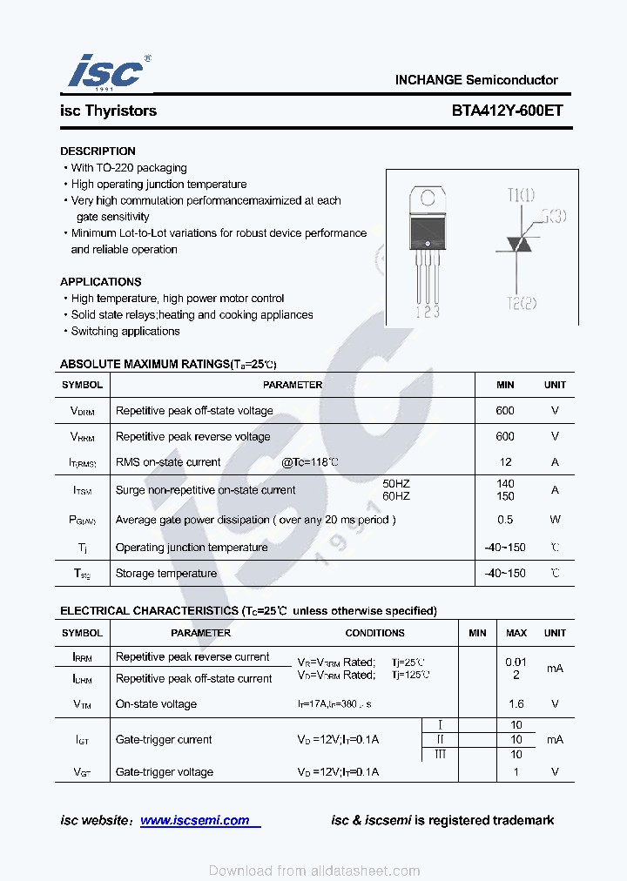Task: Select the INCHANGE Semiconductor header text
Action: [476, 79]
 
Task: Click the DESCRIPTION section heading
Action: [98, 151]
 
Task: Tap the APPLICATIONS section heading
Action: [100, 281]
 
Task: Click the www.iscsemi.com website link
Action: [195, 820]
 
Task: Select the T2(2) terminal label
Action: [521, 302]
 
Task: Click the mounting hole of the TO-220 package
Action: [427, 196]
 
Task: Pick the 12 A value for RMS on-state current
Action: [505, 462]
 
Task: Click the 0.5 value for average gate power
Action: [505, 520]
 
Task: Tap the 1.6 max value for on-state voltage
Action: [516, 703]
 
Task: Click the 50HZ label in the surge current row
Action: [396, 483]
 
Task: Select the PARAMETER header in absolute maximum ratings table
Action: [293, 385]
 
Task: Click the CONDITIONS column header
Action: [374, 633]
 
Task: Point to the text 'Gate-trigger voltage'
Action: [164, 771]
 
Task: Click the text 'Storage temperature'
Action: [165, 574]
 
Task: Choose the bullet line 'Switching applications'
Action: [125, 331]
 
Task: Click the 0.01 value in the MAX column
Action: [516, 662]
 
